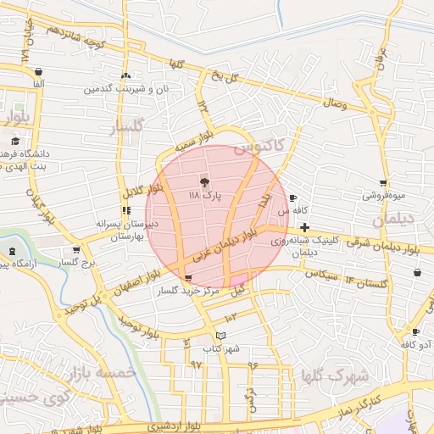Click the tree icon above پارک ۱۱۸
point(203,181)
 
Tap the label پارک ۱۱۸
point(203,195)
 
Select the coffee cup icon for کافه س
point(292,198)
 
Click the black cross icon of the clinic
point(303,226)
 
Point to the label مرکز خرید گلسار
point(187,291)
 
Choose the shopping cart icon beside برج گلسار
point(77,249)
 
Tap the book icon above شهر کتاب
point(221,337)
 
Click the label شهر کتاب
point(221,348)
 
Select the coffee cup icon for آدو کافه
point(415,331)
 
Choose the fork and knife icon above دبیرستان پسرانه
point(126,210)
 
